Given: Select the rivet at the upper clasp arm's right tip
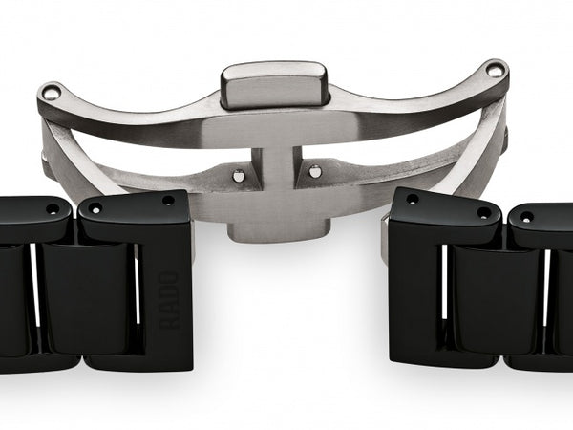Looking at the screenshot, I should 494,69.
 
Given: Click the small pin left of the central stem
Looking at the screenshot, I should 238,174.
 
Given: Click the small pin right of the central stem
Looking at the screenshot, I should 315,171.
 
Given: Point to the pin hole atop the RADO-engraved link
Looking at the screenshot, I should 168,201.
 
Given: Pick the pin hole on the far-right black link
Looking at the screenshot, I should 526,217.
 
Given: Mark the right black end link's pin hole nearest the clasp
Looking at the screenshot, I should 413,199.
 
